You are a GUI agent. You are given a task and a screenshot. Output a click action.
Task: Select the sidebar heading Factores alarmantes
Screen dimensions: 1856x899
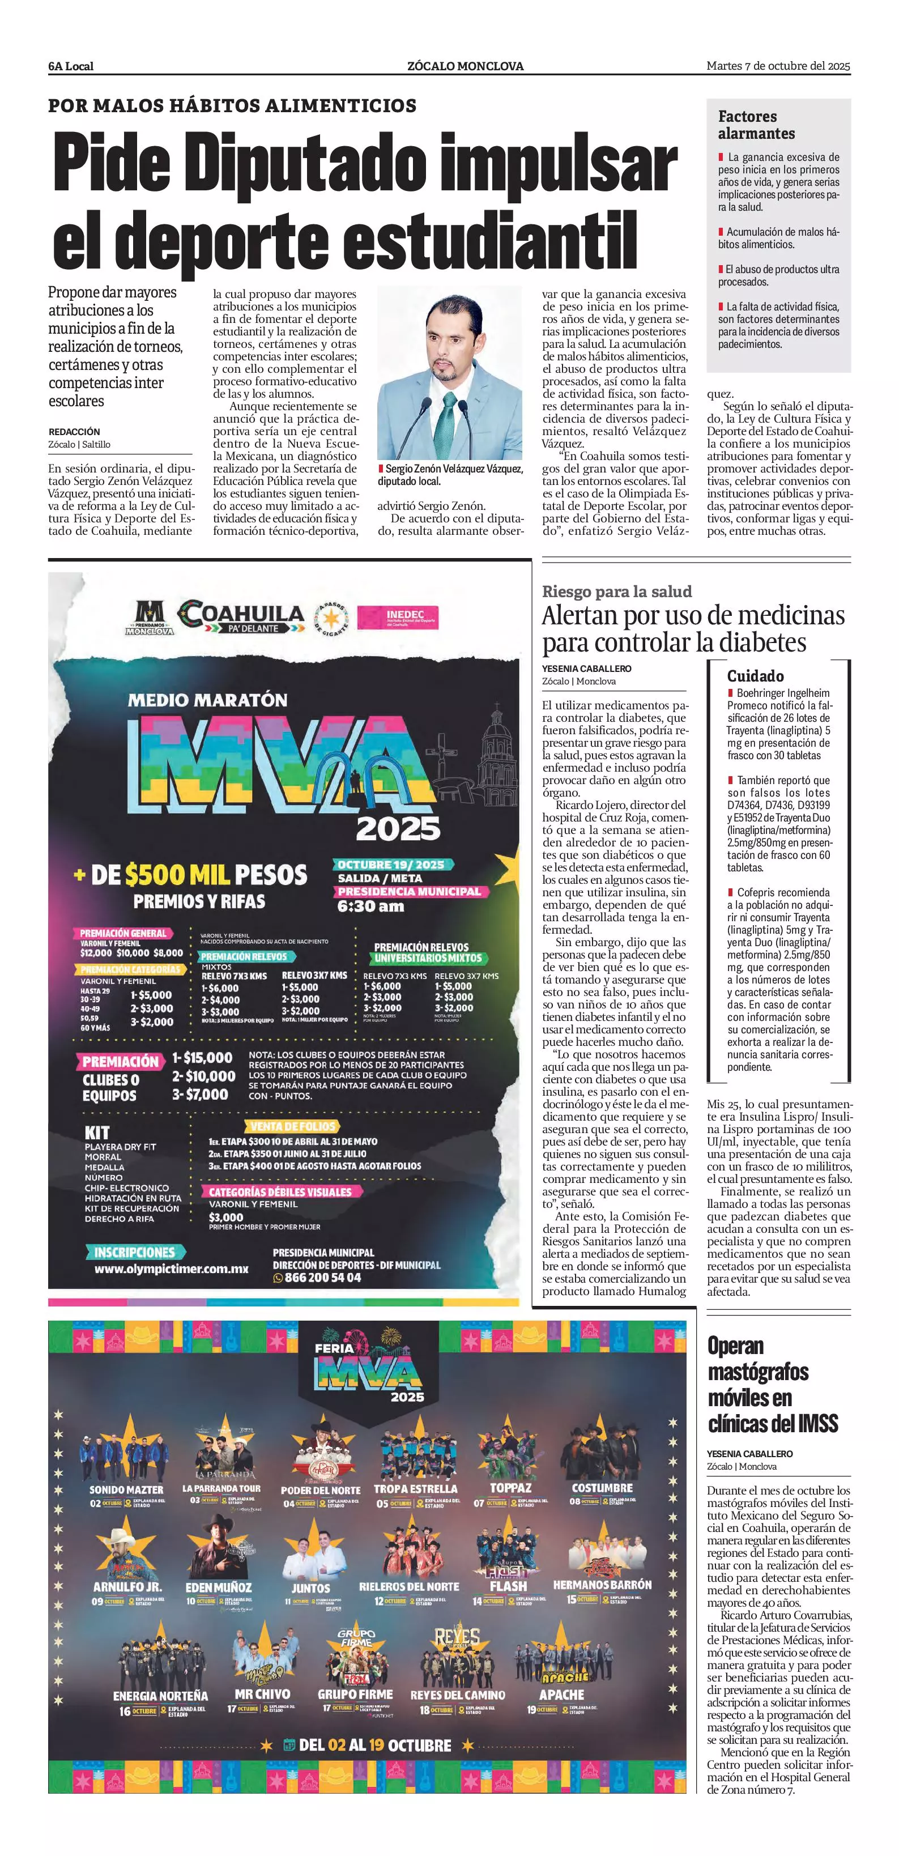click(756, 125)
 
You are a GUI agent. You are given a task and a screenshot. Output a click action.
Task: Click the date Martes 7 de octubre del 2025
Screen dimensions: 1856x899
click(778, 66)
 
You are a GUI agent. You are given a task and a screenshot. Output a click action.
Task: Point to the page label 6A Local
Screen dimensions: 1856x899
click(71, 66)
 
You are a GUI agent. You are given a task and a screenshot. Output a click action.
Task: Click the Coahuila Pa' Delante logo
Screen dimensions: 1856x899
click(241, 618)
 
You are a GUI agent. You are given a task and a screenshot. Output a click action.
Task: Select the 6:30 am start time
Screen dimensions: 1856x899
click(370, 906)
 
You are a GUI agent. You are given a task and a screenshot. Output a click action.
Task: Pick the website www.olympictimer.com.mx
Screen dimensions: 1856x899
click(172, 1269)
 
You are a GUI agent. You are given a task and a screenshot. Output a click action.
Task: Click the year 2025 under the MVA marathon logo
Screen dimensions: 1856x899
click(398, 829)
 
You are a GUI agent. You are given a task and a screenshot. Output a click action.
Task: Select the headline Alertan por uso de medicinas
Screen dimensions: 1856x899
click(693, 616)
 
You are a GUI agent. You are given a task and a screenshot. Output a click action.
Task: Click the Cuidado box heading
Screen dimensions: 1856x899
click(755, 676)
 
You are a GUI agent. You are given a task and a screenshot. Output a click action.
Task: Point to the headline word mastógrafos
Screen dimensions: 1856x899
click(758, 1372)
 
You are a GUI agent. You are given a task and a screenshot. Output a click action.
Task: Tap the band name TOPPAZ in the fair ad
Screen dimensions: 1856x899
click(510, 1488)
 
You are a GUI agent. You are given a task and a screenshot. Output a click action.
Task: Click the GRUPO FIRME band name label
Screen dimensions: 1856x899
click(355, 1695)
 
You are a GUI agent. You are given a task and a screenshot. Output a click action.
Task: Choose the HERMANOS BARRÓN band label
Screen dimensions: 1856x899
click(602, 1585)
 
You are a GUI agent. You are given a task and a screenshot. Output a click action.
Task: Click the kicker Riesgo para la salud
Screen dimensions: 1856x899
click(617, 591)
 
